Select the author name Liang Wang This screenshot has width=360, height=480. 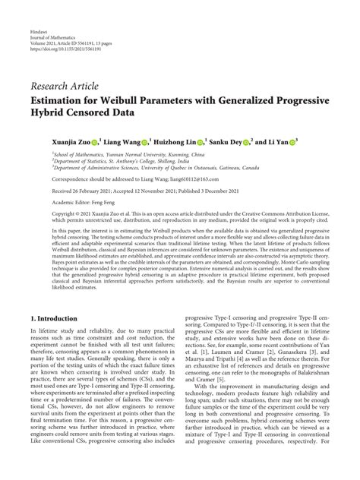[124, 141]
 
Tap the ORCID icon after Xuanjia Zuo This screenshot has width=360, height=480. [94, 141]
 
